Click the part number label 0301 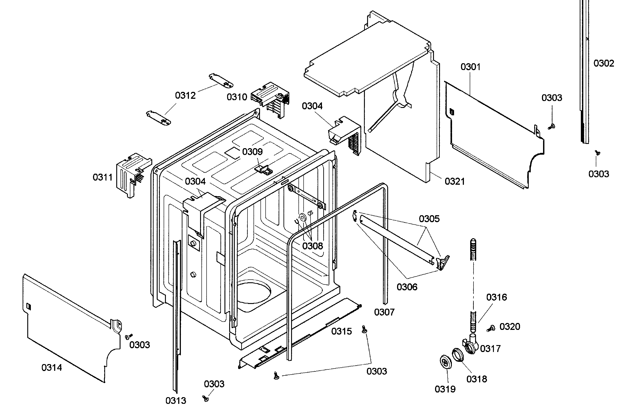pos(470,67)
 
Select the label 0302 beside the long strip pos(604,63)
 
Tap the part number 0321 pos(455,181)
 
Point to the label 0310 pos(237,97)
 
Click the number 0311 pos(103,177)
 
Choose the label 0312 pos(185,95)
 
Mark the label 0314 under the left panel pos(52,367)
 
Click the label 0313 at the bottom pos(176,401)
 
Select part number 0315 pos(341,331)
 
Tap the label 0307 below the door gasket pos(384,312)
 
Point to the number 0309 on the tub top pos(252,152)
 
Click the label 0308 pos(313,246)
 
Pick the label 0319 pos(445,389)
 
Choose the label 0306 pos(407,287)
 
